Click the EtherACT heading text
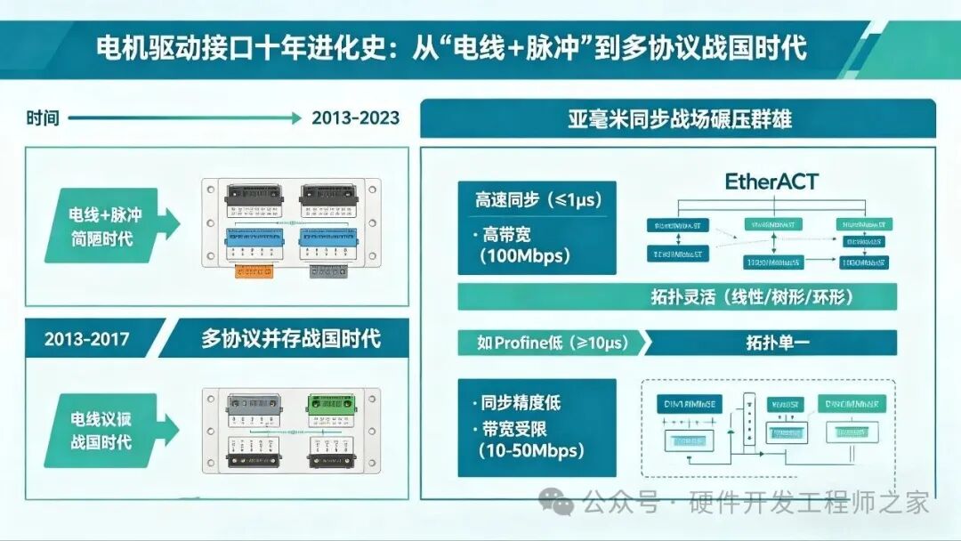click(x=771, y=182)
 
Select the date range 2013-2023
click(x=355, y=117)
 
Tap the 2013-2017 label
click(x=85, y=338)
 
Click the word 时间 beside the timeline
click(x=43, y=117)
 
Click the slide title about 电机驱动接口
click(x=451, y=47)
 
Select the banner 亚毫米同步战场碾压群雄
click(x=680, y=118)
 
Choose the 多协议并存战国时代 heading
click(x=290, y=338)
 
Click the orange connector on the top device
click(x=252, y=270)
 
